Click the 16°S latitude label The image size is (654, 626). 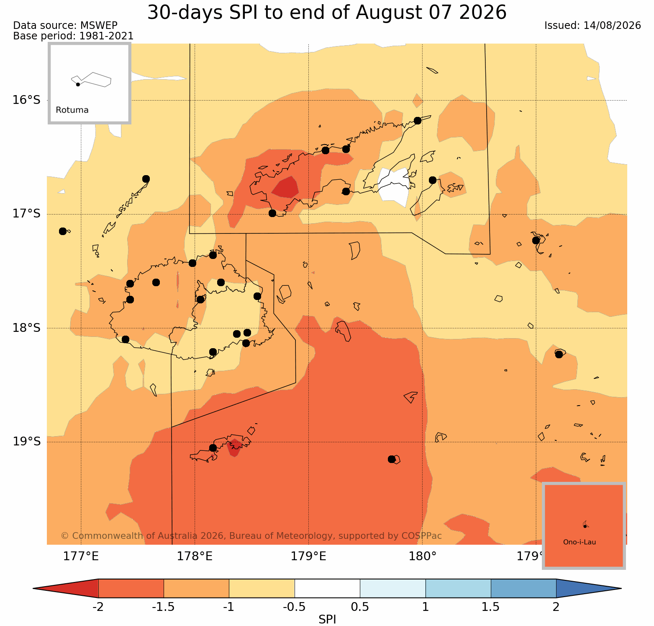pyautogui.click(x=26, y=100)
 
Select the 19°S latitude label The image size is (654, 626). pyautogui.click(x=26, y=442)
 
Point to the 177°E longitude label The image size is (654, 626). pyautogui.click(x=81, y=556)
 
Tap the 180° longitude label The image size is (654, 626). pyautogui.click(x=423, y=556)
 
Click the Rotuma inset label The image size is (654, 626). pyautogui.click(x=72, y=110)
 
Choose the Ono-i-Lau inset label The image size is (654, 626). pyautogui.click(x=580, y=542)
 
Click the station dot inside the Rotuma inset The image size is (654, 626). pyautogui.click(x=78, y=84)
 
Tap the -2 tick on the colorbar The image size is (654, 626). pyautogui.click(x=98, y=607)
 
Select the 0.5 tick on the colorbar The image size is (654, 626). pyautogui.click(x=360, y=607)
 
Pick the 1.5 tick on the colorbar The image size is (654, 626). pyautogui.click(x=491, y=607)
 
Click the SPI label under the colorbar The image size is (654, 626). pyautogui.click(x=327, y=619)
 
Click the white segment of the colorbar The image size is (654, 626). pyautogui.click(x=327, y=588)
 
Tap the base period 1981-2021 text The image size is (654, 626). pyautogui.click(x=106, y=36)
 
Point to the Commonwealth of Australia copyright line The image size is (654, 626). pyautogui.click(x=251, y=536)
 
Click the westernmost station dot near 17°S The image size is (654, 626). pyautogui.click(x=63, y=231)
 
